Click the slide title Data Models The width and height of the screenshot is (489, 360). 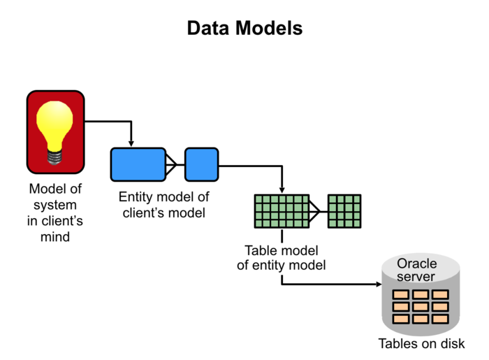245,29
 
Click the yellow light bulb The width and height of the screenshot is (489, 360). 56,127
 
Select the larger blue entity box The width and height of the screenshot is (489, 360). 138,165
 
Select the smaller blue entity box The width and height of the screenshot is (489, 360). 201,165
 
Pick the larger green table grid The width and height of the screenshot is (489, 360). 282,211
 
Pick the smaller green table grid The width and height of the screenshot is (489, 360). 344,211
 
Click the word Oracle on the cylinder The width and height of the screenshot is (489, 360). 417,264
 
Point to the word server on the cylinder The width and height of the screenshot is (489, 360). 417,277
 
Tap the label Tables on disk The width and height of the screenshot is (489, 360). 421,344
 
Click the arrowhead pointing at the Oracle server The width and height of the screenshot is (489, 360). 378,285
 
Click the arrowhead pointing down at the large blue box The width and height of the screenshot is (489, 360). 131,143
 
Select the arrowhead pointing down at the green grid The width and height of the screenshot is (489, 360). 282,190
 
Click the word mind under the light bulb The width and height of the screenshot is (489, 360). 56,237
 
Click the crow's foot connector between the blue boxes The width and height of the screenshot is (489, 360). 172,165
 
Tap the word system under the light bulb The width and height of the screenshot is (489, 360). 56,206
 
